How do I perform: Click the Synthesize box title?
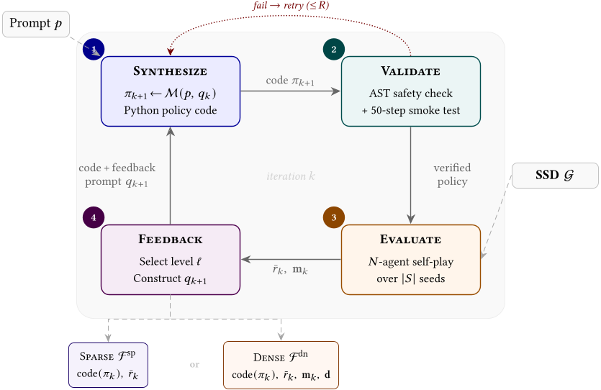tap(170, 71)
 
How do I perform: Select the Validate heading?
tap(410, 71)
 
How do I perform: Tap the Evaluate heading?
tap(410, 240)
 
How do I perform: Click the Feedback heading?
tap(170, 240)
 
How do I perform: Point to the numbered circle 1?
tap(94, 49)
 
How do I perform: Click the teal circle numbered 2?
tap(334, 49)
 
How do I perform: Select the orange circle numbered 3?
tap(334, 217)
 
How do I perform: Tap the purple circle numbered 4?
tap(94, 217)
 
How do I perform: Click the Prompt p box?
tap(36, 24)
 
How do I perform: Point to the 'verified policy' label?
tap(452, 175)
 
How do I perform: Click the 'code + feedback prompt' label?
tap(117, 175)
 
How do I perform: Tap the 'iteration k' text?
tap(290, 176)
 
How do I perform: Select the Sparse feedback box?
tap(108, 364)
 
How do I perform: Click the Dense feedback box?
tap(281, 366)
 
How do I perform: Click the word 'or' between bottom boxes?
tap(194, 365)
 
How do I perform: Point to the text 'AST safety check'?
tap(410, 94)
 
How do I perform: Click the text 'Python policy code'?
tap(170, 111)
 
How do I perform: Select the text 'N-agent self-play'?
tap(410, 261)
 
